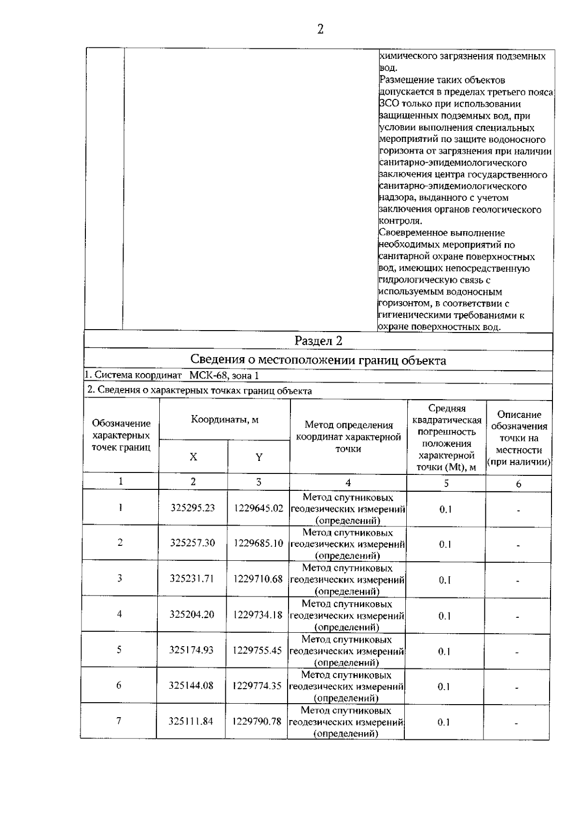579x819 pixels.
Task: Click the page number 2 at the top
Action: point(320,30)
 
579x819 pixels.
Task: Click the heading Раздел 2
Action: point(318,341)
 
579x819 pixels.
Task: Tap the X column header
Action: point(193,457)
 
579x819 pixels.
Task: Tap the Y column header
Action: point(259,457)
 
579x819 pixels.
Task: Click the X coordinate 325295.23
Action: point(193,508)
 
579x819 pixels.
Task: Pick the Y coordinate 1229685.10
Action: point(258,543)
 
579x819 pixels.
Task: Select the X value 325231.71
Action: point(192,578)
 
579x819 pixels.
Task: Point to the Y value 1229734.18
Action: point(258,614)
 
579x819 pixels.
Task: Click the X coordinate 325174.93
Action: point(191,650)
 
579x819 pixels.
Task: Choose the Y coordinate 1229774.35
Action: point(257,685)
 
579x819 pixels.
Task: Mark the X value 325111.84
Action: point(191,722)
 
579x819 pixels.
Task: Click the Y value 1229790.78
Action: point(257,722)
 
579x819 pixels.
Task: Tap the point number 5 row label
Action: point(119,650)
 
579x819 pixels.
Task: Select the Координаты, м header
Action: point(225,419)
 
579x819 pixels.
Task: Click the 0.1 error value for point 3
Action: point(444,580)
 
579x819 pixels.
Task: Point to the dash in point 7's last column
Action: point(516,723)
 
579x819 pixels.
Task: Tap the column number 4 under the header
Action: point(348,482)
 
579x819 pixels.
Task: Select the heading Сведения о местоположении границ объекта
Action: point(318,360)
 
